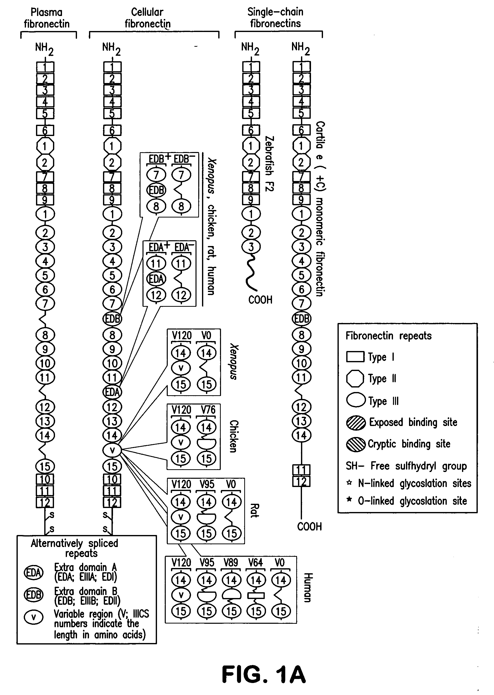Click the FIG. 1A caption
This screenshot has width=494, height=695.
[263, 674]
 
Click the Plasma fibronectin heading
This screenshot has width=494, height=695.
[46, 18]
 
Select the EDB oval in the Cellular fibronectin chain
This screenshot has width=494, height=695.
[112, 319]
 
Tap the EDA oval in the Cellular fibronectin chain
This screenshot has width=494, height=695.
[112, 392]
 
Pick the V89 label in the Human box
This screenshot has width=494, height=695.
[231, 562]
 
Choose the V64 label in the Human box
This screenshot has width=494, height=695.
[255, 562]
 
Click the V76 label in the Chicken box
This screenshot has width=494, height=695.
[208, 410]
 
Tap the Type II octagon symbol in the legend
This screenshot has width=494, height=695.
[355, 378]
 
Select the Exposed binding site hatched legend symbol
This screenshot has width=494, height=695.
[355, 423]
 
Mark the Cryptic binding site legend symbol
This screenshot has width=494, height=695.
[355, 444]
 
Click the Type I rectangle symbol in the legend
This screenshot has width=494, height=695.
[355, 357]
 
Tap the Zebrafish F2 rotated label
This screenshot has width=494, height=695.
[269, 164]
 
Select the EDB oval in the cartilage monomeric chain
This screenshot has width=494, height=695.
[301, 319]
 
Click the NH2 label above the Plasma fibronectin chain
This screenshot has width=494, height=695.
[44, 49]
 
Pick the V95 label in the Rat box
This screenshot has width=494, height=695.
[207, 484]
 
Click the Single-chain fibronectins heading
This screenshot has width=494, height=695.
[275, 18]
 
